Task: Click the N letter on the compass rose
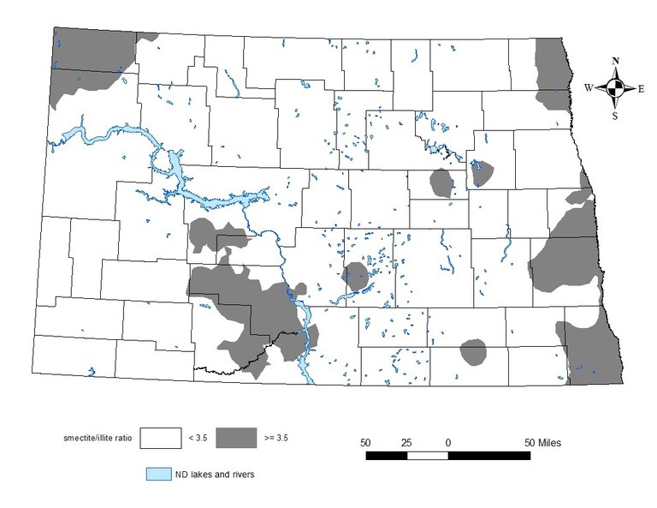[615, 61]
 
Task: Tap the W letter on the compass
[589, 87]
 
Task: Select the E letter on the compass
[641, 87]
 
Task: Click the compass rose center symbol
[615, 87]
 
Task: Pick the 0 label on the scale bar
[448, 442]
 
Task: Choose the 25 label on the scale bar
[406, 442]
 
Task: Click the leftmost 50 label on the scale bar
[365, 442]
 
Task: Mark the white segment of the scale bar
[428, 455]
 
